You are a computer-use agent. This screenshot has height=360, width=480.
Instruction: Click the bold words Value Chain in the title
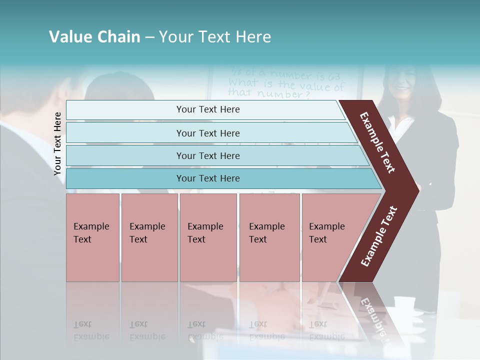click(x=94, y=37)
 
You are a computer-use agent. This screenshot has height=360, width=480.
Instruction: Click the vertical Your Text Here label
click(x=57, y=143)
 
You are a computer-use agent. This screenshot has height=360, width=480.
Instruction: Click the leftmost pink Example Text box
click(x=92, y=237)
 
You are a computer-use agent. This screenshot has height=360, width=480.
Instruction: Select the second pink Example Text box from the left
click(x=149, y=237)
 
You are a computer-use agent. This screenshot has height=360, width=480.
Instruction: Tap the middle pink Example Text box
click(x=208, y=237)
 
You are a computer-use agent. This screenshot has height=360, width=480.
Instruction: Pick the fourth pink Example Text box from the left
click(x=269, y=237)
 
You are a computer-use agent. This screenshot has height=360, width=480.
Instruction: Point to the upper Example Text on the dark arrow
click(x=377, y=142)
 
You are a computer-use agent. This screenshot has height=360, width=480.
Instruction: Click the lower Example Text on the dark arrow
click(x=379, y=236)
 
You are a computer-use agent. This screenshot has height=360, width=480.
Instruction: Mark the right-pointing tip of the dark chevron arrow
click(x=417, y=190)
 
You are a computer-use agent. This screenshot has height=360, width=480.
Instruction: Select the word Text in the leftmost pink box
click(x=82, y=239)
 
